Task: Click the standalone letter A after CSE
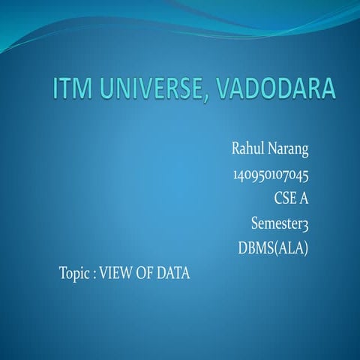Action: (304, 199)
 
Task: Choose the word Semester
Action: (275, 223)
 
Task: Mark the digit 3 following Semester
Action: (305, 223)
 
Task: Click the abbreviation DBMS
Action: (255, 247)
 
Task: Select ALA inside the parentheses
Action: (291, 247)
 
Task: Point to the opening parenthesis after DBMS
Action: (276, 247)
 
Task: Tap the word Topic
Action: (74, 273)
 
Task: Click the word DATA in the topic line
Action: (174, 273)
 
